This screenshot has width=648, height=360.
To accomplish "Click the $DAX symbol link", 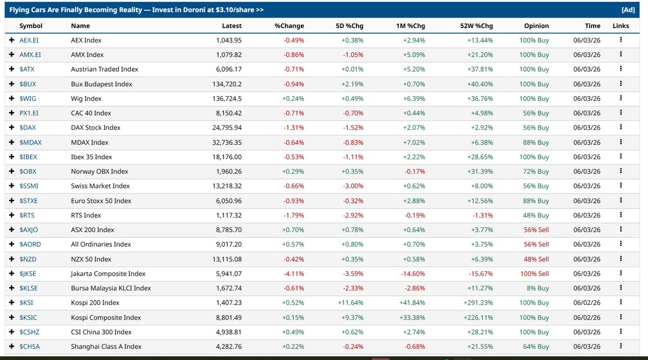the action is pyautogui.click(x=28, y=127).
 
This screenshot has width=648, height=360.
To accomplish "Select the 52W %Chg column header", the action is pyautogui.click(x=476, y=26).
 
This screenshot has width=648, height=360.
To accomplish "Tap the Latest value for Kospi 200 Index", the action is pyautogui.click(x=228, y=303).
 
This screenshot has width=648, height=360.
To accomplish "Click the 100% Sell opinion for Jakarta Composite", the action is pyautogui.click(x=534, y=274).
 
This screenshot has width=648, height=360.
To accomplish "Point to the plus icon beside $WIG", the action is pyautogui.click(x=11, y=98).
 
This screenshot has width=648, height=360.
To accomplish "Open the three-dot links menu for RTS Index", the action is pyautogui.click(x=621, y=215).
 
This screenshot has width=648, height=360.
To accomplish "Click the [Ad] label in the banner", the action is pyautogui.click(x=628, y=10).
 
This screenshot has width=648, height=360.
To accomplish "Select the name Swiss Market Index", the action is pyautogui.click(x=100, y=186).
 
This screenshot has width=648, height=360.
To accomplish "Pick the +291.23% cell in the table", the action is pyautogui.click(x=478, y=303).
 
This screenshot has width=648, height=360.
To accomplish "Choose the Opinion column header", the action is pyautogui.click(x=536, y=26).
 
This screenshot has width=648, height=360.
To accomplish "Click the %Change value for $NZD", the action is pyautogui.click(x=294, y=259).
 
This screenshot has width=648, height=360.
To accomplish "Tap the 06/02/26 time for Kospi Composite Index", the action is pyautogui.click(x=586, y=317).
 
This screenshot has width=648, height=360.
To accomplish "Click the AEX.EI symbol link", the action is pyautogui.click(x=29, y=40).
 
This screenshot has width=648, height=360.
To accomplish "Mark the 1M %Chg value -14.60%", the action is pyautogui.click(x=413, y=274).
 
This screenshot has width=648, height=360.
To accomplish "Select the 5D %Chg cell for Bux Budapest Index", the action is pyautogui.click(x=352, y=84).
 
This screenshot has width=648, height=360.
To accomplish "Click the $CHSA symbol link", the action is pyautogui.click(x=30, y=347).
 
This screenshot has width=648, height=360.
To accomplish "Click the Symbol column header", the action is pyautogui.click(x=31, y=26).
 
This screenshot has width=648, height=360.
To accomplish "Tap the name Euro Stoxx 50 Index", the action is pyautogui.click(x=101, y=201).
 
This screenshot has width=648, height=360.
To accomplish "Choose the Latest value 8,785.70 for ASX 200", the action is pyautogui.click(x=228, y=230).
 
